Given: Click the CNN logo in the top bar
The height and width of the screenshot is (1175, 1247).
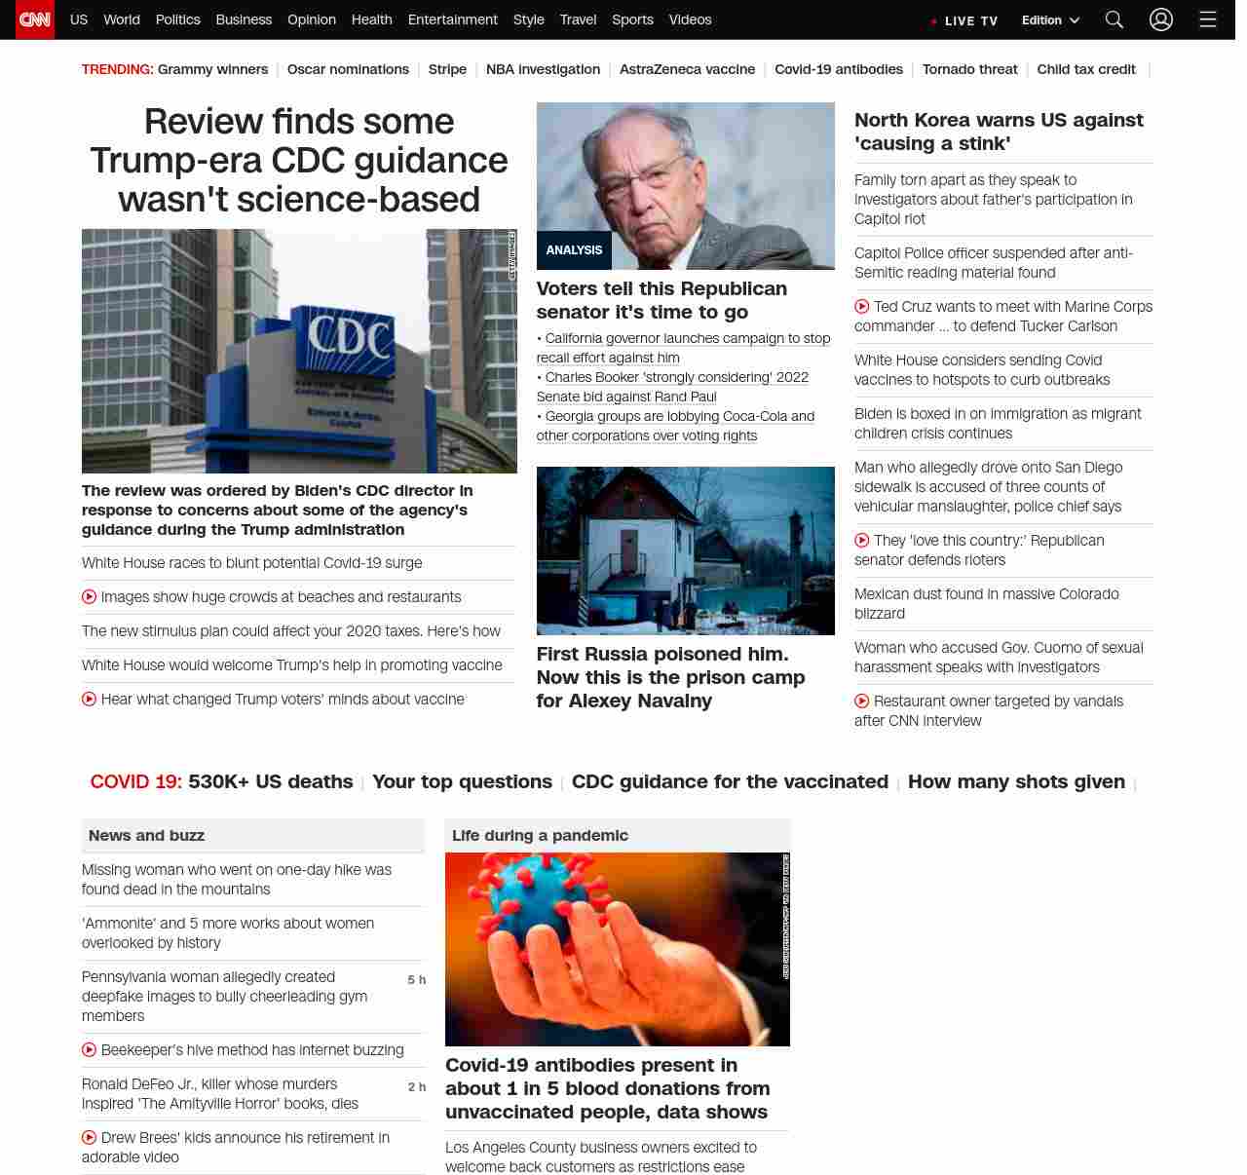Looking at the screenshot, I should tap(35, 19).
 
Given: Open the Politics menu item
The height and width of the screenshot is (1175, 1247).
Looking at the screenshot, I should tap(177, 19).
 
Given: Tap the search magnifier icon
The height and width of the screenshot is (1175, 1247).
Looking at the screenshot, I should tap(1115, 19).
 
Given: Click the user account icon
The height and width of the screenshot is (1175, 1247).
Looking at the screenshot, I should tap(1160, 19).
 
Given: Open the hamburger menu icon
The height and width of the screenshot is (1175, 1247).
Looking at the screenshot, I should tap(1208, 19).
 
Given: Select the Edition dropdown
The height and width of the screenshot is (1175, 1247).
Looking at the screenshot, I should tap(1050, 20).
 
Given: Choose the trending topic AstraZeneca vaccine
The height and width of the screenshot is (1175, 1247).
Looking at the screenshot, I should tap(687, 69).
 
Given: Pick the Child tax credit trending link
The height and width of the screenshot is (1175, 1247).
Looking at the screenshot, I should tap(1085, 69).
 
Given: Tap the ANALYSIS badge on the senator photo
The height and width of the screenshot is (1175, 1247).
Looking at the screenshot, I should tap(574, 250).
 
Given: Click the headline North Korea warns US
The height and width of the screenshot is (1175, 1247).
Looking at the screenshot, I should tap(999, 132).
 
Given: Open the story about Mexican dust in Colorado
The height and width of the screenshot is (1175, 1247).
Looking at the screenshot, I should tap(986, 603).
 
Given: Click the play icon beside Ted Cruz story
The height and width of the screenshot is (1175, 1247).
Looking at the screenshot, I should tap(861, 307).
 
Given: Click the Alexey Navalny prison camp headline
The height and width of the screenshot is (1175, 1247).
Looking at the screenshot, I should tap(670, 677).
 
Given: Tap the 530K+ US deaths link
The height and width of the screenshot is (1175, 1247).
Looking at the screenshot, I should tap(270, 781).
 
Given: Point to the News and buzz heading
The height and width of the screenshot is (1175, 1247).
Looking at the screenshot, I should tap(146, 835).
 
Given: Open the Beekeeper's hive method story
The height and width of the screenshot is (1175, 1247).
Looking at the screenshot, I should tap(251, 1049).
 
